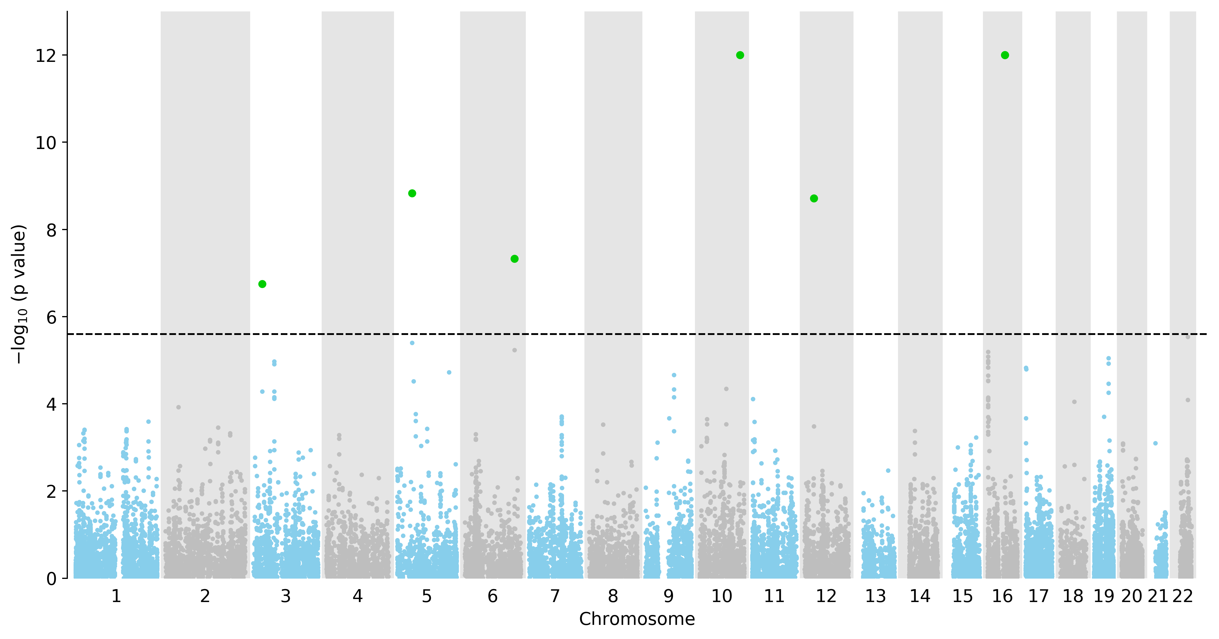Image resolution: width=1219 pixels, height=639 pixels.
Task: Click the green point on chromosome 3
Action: point(262,284)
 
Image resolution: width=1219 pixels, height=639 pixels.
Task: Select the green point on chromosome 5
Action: point(412,193)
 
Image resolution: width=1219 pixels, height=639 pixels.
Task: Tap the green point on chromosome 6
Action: point(514,259)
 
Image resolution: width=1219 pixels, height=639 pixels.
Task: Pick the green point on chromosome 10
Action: point(740,55)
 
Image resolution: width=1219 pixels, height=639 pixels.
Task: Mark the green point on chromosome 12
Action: point(814,198)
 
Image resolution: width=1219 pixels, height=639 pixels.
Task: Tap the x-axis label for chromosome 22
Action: point(1183,596)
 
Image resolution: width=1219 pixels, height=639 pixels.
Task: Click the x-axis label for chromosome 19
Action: point(1104,596)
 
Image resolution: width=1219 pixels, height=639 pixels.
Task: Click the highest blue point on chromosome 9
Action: point(674,375)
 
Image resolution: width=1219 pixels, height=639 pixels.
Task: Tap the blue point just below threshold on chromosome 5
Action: point(412,343)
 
